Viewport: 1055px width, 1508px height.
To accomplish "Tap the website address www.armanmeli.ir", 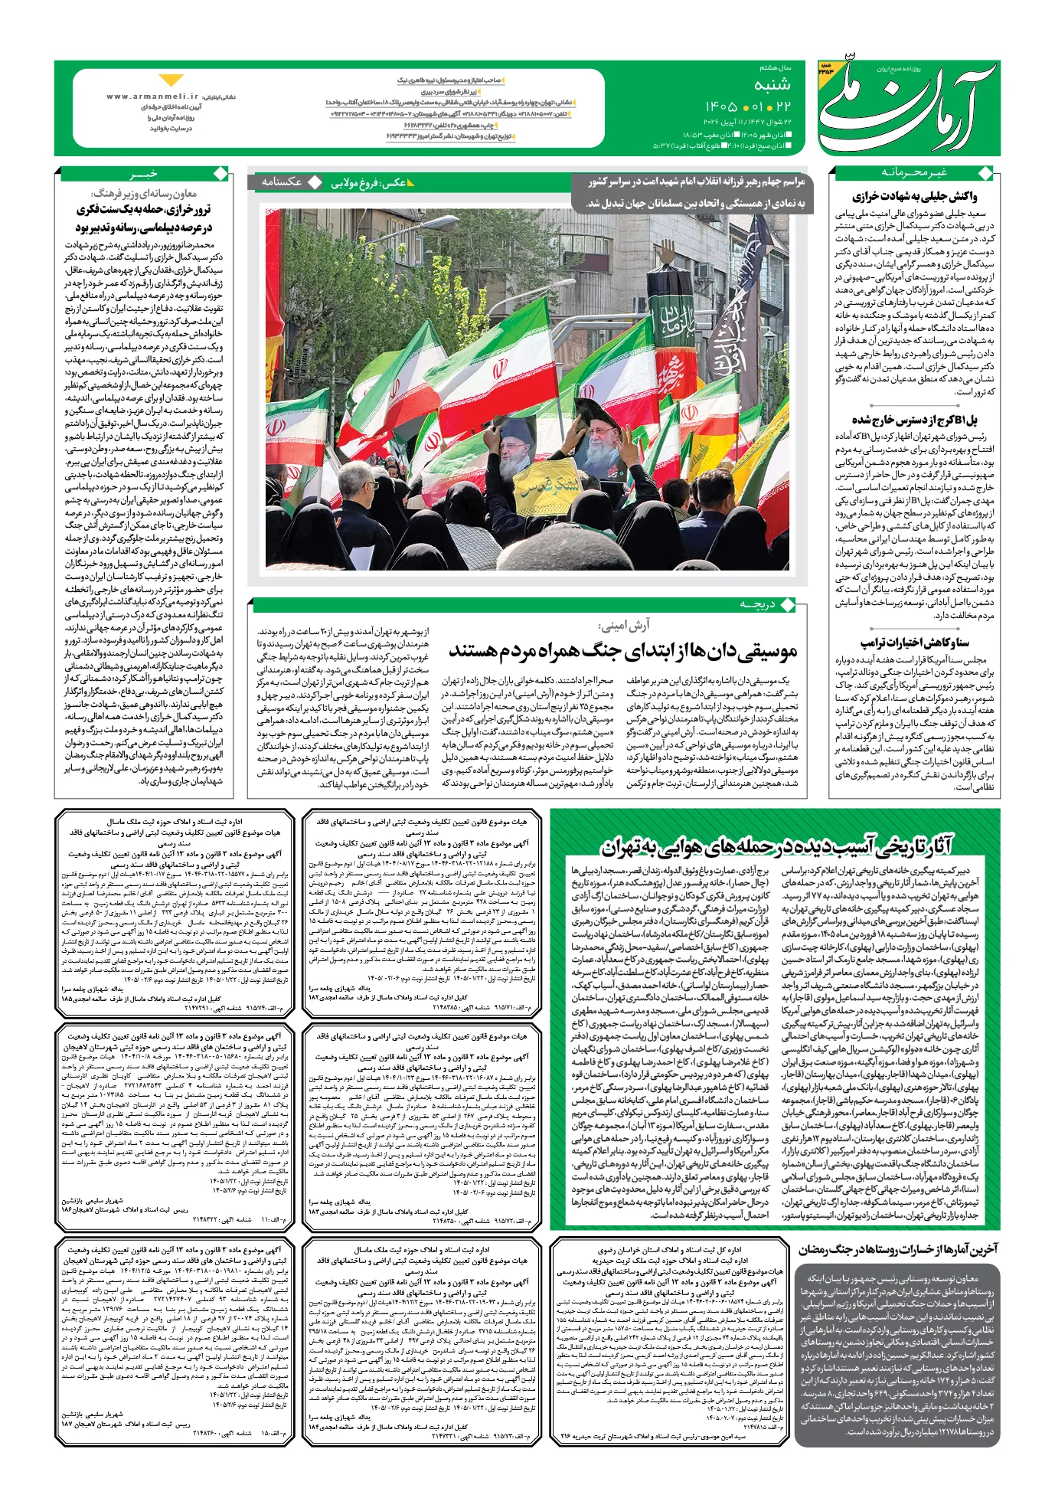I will pyautogui.click(x=152, y=97).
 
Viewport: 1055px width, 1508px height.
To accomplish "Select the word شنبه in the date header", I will pyautogui.click(x=772, y=84).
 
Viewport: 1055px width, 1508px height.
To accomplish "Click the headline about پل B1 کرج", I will pyautogui.click(x=914, y=420).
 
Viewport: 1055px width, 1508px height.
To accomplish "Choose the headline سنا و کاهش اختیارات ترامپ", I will pyautogui.click(x=914, y=642).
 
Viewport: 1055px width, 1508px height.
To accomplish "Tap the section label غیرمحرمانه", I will pyautogui.click(x=913, y=172).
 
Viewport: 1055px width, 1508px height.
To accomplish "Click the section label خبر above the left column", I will pyautogui.click(x=143, y=173).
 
